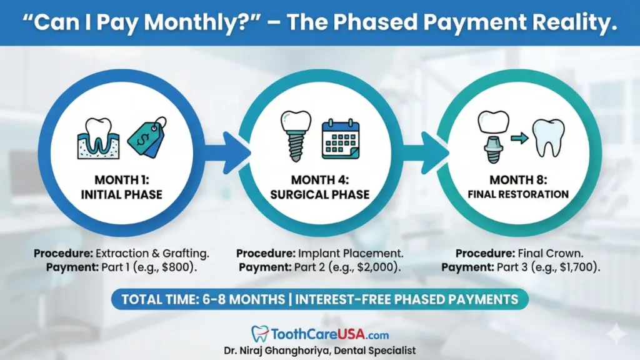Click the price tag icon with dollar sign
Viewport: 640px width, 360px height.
147,136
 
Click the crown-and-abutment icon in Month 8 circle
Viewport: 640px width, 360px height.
492,136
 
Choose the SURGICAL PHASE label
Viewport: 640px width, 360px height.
319,194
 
